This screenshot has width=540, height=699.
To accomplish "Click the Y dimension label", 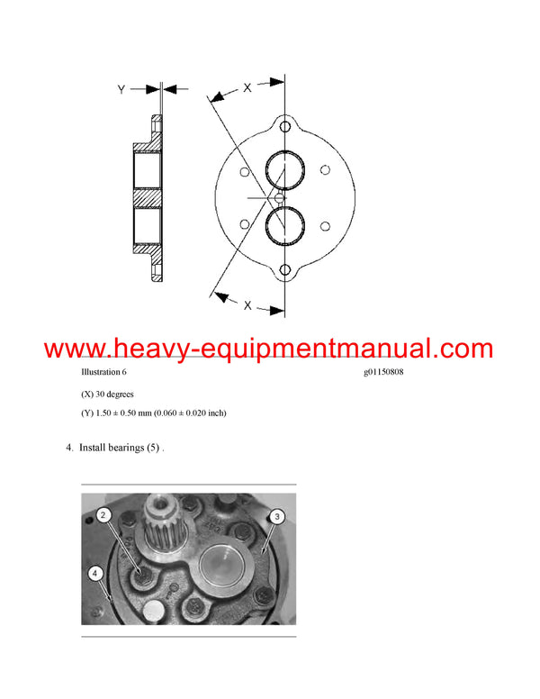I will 121,89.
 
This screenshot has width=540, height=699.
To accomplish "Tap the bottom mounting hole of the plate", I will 285,270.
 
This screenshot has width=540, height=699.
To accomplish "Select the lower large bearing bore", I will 285,226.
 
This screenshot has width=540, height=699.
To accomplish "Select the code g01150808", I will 378,373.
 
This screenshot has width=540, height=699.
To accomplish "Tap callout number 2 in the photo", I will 104,514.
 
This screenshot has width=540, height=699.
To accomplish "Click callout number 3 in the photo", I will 277,516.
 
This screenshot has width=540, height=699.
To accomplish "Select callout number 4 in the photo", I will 94,572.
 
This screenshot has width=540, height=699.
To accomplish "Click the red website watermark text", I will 268,349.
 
